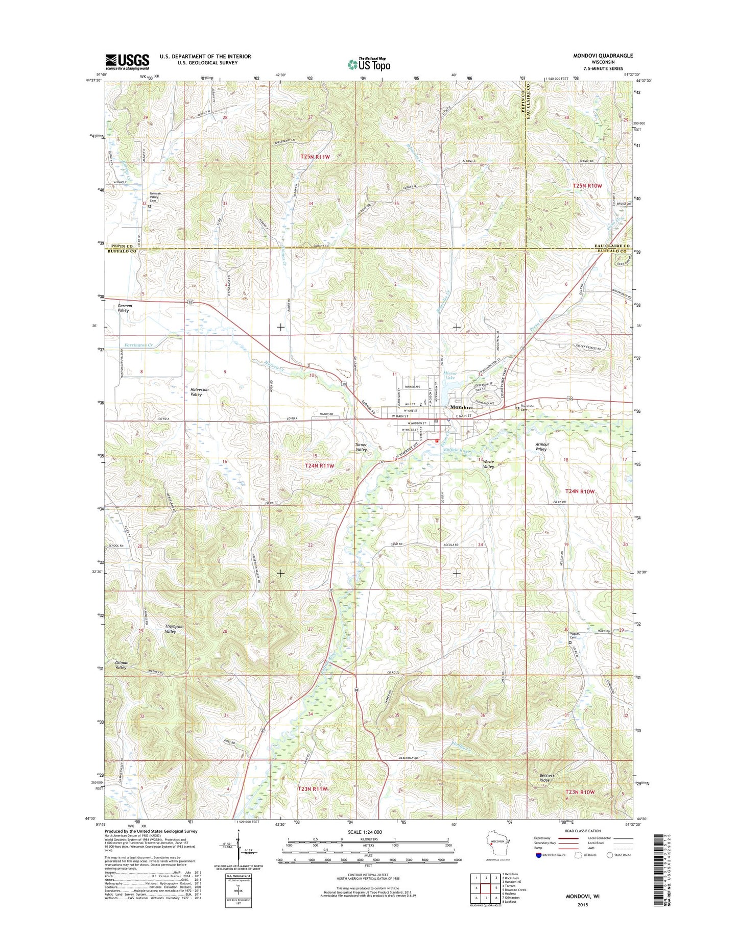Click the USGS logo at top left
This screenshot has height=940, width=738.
tap(127, 62)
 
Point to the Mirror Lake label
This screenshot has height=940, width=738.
tap(449, 375)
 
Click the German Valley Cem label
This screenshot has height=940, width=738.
tap(156, 197)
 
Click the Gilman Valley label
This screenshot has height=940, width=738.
tap(121, 665)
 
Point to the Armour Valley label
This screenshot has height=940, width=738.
tap(541, 447)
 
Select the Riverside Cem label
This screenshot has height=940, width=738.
tap(527, 408)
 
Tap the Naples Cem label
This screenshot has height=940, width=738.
tap(576, 635)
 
